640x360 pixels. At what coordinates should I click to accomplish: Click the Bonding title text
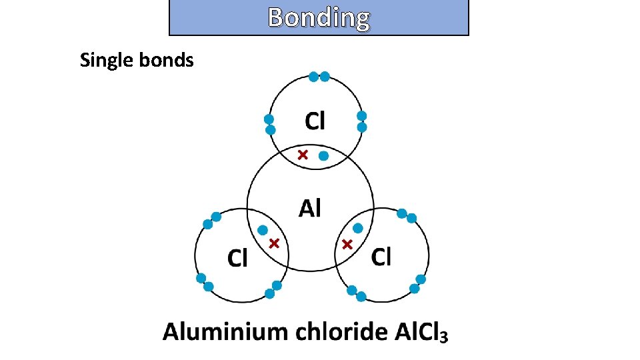pos(319,18)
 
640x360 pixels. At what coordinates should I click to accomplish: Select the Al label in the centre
pos(309,209)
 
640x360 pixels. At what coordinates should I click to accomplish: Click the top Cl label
pos(315,121)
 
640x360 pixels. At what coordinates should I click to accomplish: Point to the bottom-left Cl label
pos(237,257)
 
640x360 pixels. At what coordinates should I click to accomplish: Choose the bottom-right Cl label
pos(381,256)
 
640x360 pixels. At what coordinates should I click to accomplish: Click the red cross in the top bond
pos(302,155)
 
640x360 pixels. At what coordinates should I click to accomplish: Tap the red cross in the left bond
pos(273,244)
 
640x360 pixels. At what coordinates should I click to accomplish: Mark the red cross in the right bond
pos(347,245)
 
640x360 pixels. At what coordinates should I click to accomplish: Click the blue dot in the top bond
pos(323,156)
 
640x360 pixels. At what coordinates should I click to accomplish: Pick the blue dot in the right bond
pos(358,228)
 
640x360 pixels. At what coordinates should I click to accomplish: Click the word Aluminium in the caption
pos(221,331)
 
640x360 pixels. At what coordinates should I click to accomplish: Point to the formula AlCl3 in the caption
pos(420,332)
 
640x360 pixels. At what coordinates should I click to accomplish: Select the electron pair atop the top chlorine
pos(319,77)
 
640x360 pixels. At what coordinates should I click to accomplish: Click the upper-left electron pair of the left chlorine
pos(211,221)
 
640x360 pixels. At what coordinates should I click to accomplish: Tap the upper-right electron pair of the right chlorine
pos(407,215)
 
